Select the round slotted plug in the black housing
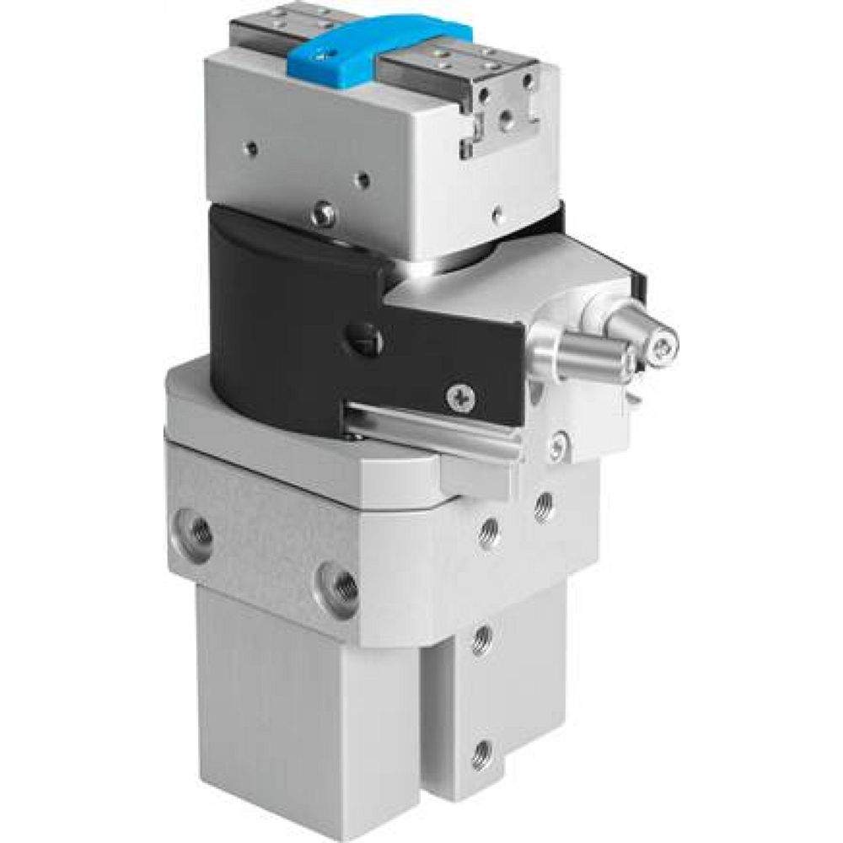point(368,341)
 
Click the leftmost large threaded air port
point(200,530)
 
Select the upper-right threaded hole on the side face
point(544,507)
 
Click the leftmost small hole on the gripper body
point(251,150)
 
